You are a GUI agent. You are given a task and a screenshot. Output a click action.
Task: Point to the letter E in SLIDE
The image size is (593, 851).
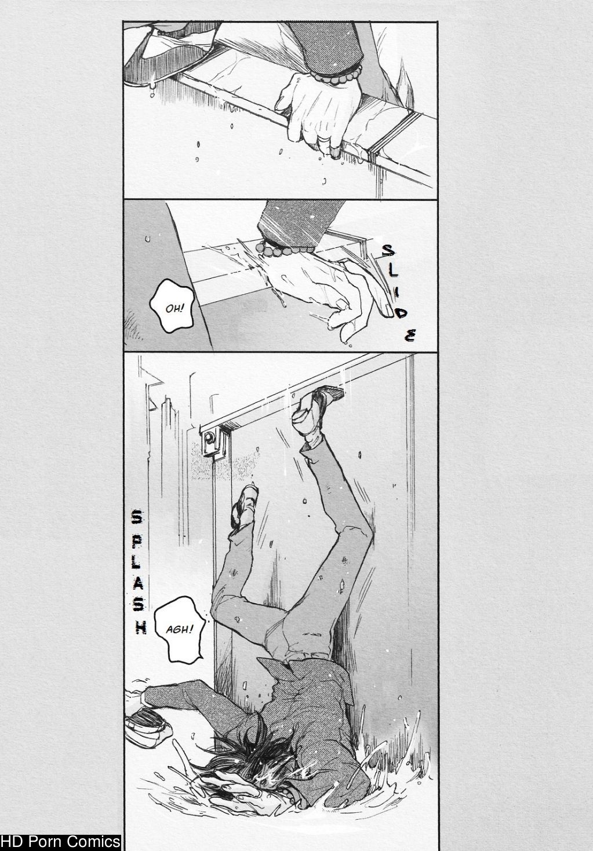click(x=410, y=336)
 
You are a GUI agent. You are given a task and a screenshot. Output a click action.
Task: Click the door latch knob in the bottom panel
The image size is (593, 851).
click(x=208, y=438)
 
